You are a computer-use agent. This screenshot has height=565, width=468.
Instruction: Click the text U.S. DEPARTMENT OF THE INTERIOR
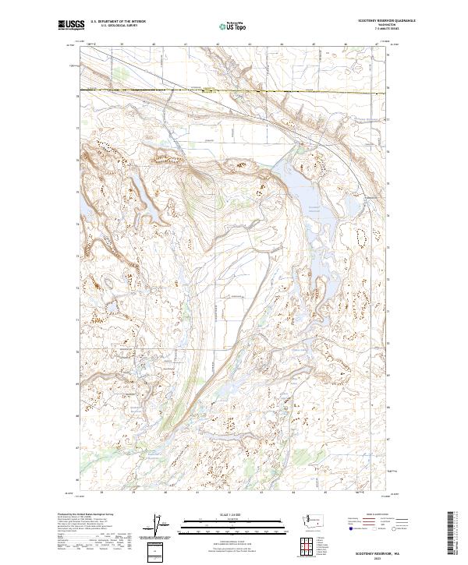[x=118, y=23]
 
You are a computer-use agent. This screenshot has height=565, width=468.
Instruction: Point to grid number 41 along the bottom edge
[x=197, y=493]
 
